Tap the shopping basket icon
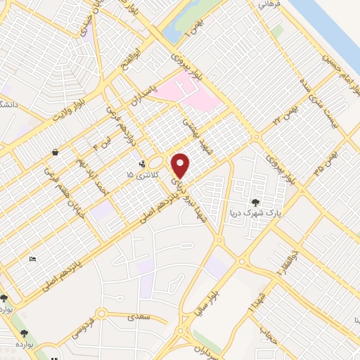[x=55, y=152]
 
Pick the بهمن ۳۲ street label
[x=289, y=113]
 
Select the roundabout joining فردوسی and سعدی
[x=102, y=314]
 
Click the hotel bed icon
[x=32, y=259]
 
